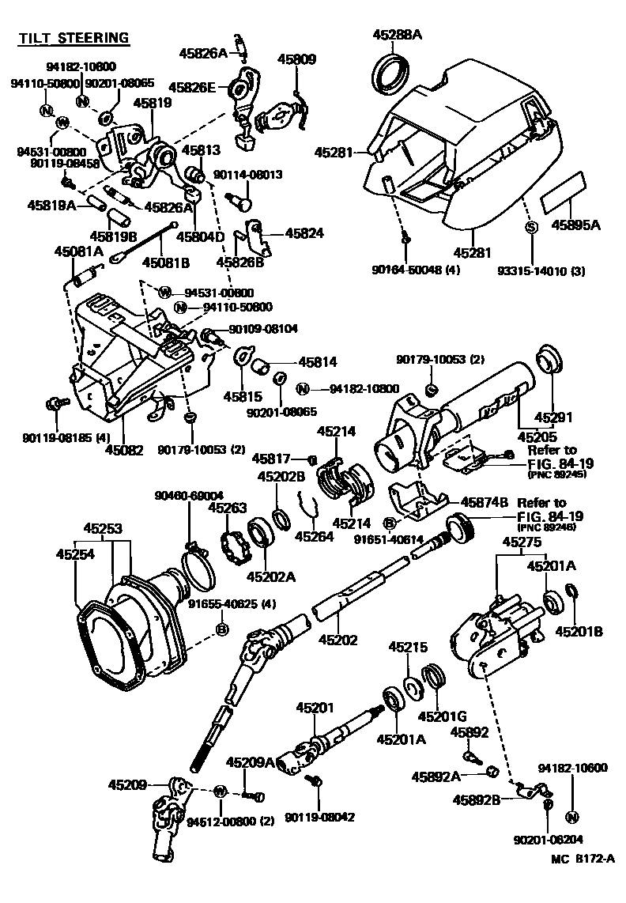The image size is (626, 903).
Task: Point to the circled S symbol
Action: (x=532, y=228)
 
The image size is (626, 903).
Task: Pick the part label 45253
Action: (x=103, y=527)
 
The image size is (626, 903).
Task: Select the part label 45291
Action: (x=553, y=417)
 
